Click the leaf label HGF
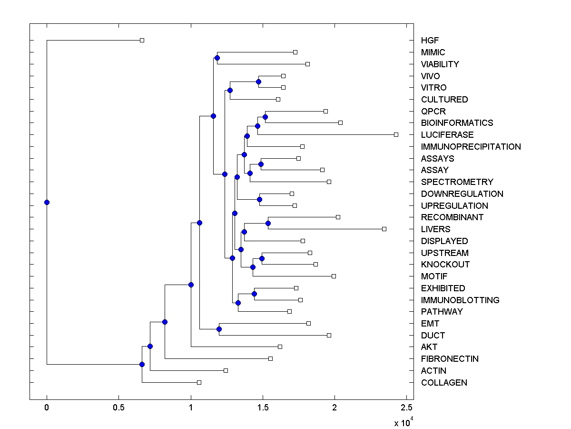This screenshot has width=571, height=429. [x=430, y=41]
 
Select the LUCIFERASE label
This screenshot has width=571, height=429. [x=447, y=135]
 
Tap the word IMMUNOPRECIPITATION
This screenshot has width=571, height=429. [x=471, y=147]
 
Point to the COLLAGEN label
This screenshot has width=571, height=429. [x=444, y=383]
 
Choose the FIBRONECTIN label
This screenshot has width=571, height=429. [x=450, y=359]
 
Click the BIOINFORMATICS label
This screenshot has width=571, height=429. [x=457, y=123]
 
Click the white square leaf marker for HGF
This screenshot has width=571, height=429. [x=142, y=40]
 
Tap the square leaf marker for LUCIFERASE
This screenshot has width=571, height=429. [x=396, y=135]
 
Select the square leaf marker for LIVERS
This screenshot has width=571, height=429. [x=384, y=229]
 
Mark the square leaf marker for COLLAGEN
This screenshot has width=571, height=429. [x=199, y=382]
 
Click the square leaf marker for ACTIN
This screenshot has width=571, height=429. [x=226, y=370]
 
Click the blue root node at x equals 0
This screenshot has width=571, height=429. [x=47, y=202]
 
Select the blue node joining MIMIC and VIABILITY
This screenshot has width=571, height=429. [x=217, y=58]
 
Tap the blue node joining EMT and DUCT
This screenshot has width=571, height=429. [x=219, y=329]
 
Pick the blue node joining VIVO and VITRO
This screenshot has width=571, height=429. [x=258, y=82]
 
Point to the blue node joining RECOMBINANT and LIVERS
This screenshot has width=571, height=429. [x=268, y=223]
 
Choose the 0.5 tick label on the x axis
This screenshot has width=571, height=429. [x=118, y=408]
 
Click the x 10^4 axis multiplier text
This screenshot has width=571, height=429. [x=402, y=422]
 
